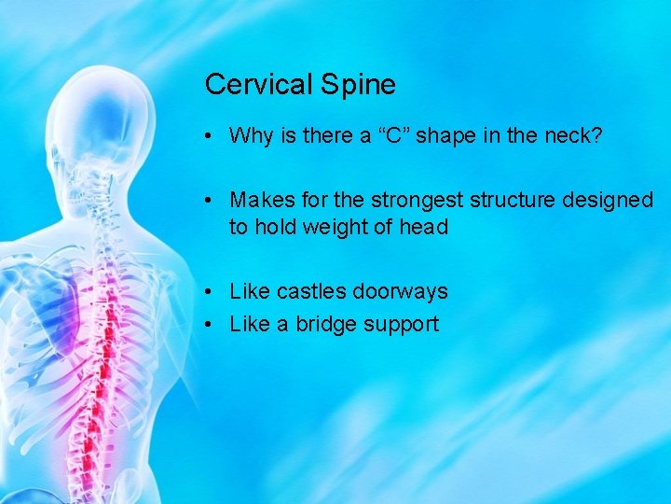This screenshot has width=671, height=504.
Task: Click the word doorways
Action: pos(401,291)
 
